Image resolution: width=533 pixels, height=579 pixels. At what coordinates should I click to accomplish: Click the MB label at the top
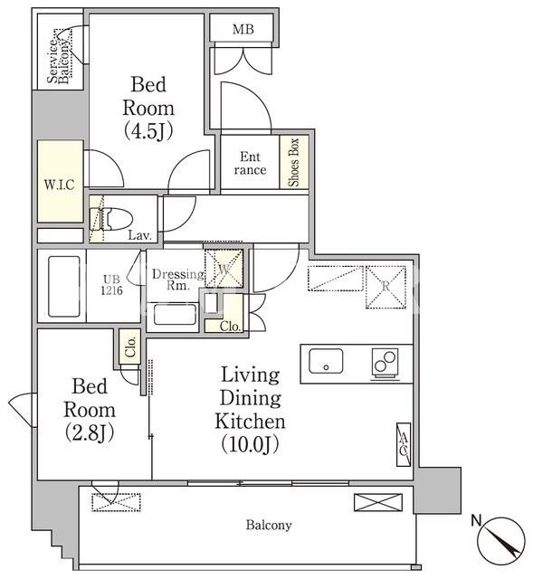tap(243, 29)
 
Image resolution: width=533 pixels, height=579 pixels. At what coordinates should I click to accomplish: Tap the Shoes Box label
tap(294, 163)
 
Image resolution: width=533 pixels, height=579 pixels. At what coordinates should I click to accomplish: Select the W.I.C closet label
tap(60, 185)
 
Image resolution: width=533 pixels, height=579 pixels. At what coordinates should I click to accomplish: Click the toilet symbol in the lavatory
tap(111, 219)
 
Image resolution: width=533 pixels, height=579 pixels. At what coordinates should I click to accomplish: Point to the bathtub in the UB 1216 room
tap(64, 286)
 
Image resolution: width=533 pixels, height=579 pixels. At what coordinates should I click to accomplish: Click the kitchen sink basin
tap(326, 360)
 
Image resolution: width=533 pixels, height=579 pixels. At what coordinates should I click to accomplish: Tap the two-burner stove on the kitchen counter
tap(385, 362)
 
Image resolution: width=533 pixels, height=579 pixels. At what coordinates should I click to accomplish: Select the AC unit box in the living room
tap(404, 444)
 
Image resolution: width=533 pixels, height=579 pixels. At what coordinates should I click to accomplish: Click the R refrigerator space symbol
tap(386, 287)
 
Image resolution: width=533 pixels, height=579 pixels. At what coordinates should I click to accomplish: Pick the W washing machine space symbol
tap(224, 270)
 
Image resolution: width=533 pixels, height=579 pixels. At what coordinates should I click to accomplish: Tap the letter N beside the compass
tap(477, 520)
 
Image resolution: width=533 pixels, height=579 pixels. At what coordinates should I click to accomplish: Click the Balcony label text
tap(269, 525)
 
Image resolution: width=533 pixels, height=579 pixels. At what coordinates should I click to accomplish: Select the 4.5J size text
tap(148, 130)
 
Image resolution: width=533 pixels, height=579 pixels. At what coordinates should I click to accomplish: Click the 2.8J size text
tap(90, 432)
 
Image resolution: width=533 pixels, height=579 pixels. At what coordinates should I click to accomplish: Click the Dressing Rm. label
tap(177, 279)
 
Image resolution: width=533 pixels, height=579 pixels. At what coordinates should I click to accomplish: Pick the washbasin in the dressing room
tap(175, 314)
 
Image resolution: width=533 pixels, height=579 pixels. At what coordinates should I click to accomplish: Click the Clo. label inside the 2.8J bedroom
tap(131, 346)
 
